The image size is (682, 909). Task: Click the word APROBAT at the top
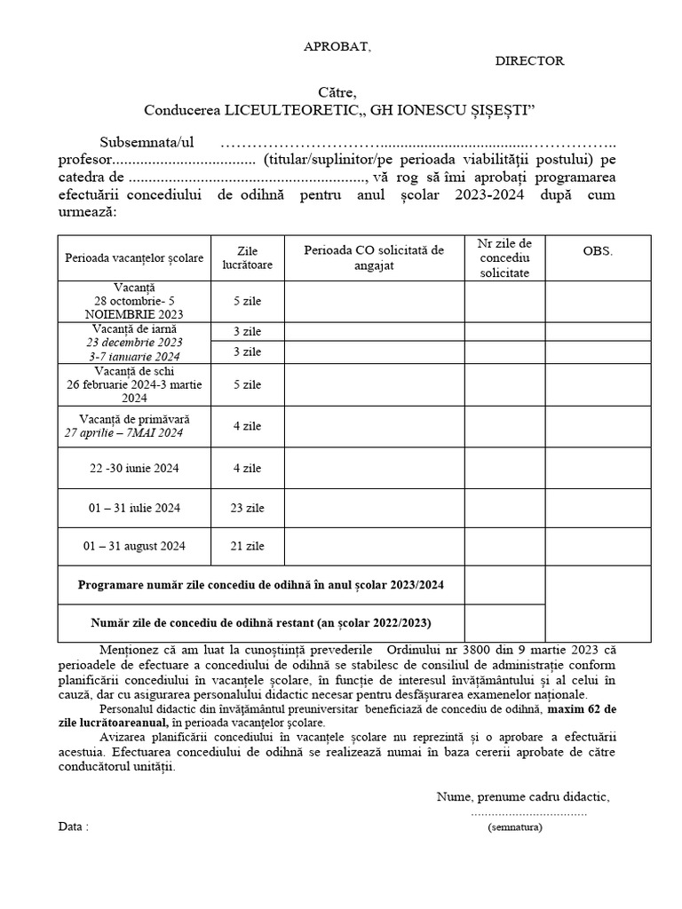tap(337, 47)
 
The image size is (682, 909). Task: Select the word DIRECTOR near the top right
tap(529, 61)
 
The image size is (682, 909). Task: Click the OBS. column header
tap(598, 251)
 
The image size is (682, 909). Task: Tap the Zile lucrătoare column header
tap(247, 257)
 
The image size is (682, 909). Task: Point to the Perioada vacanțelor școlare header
tap(134, 257)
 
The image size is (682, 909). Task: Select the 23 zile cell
tap(247, 508)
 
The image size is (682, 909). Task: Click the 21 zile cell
tap(247, 546)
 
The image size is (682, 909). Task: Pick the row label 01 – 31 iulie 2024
tap(134, 508)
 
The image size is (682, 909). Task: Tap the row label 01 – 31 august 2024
tap(134, 546)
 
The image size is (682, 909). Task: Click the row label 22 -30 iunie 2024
tap(134, 468)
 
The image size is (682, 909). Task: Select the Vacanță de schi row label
tap(134, 384)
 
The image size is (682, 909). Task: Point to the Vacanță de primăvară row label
tap(134, 425)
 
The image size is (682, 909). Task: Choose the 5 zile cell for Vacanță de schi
tap(247, 384)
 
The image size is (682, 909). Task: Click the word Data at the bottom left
tap(73, 826)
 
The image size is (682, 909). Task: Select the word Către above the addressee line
tap(337, 92)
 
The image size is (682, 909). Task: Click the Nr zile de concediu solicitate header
tap(504, 257)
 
